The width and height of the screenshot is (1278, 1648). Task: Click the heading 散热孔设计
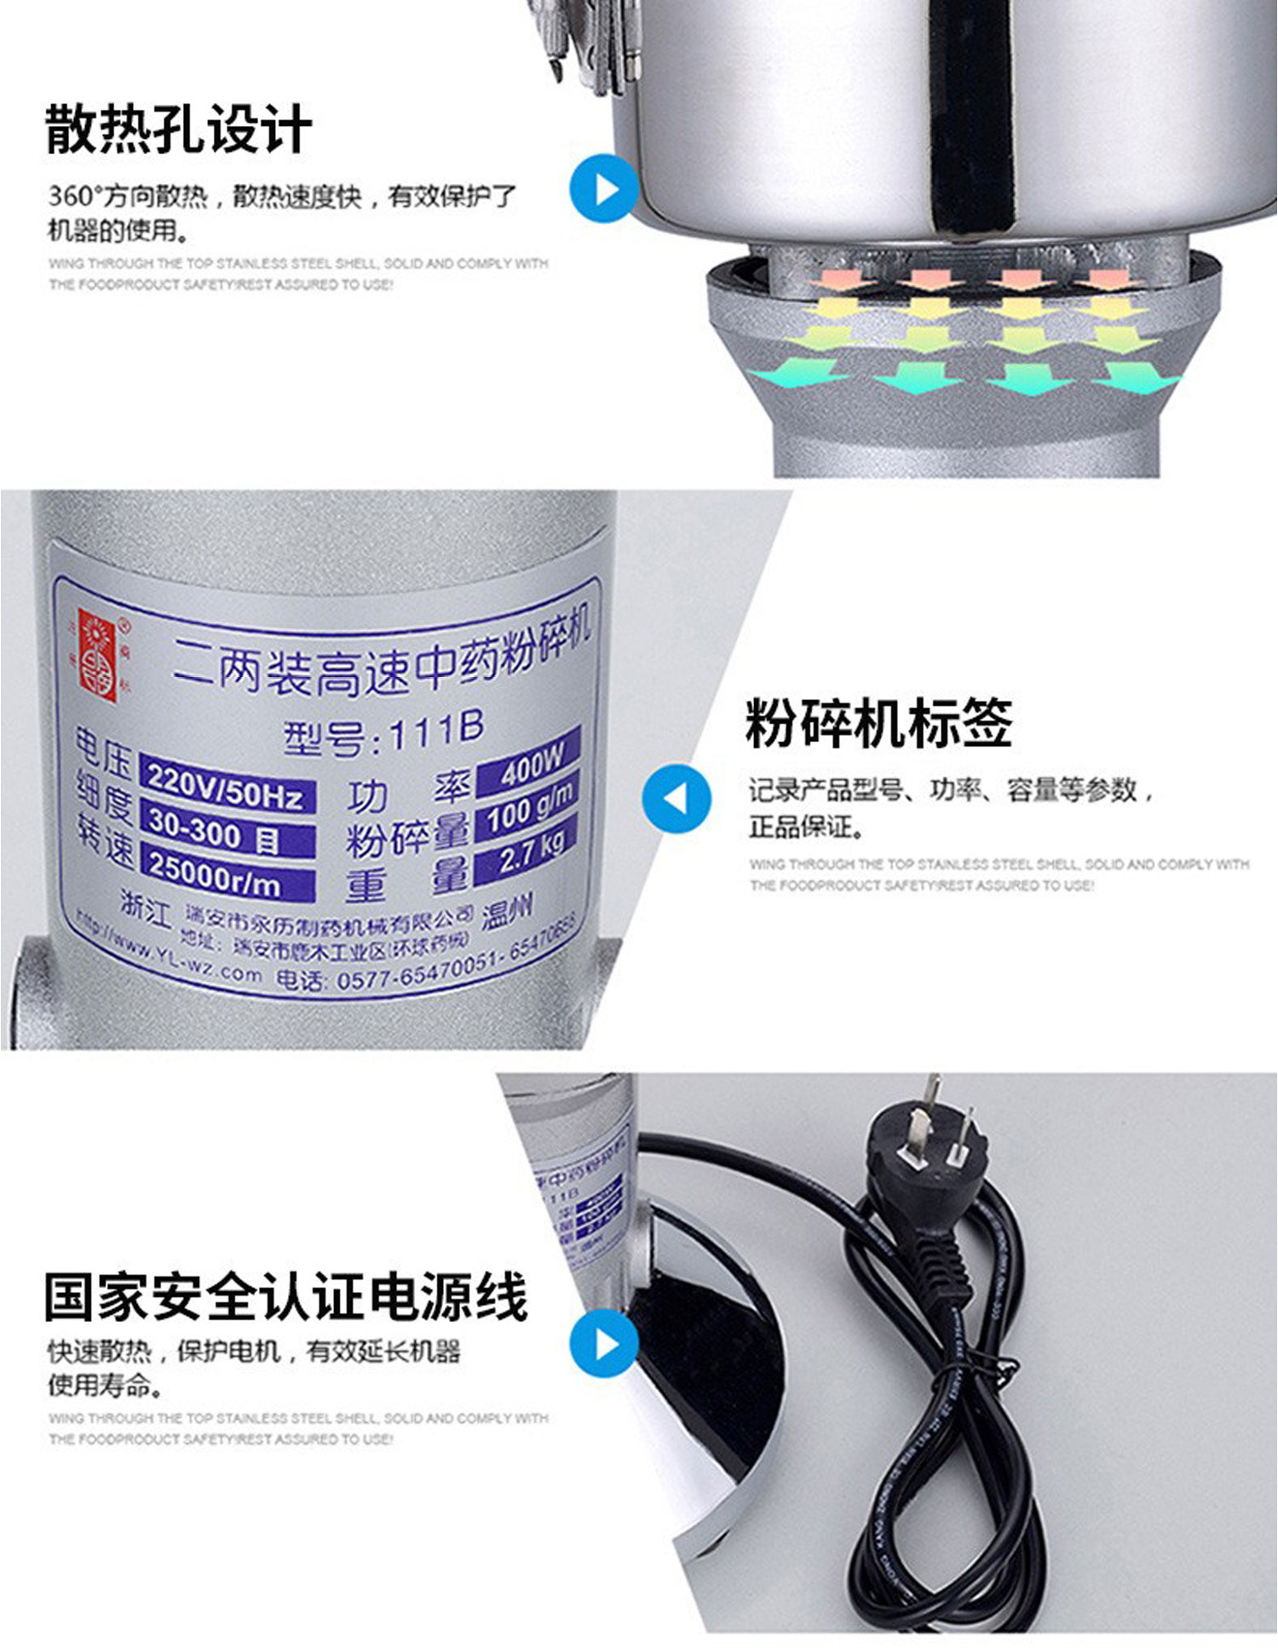178,129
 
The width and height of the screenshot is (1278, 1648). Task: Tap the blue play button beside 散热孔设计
603,189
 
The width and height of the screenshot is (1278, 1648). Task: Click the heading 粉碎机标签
878,723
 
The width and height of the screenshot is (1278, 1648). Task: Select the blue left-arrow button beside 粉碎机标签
676,798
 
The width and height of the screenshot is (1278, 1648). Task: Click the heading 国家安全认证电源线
285,1297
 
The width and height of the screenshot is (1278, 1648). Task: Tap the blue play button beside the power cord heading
603,1343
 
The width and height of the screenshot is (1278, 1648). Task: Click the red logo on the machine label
96,654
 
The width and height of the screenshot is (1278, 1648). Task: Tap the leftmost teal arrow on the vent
797,373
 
